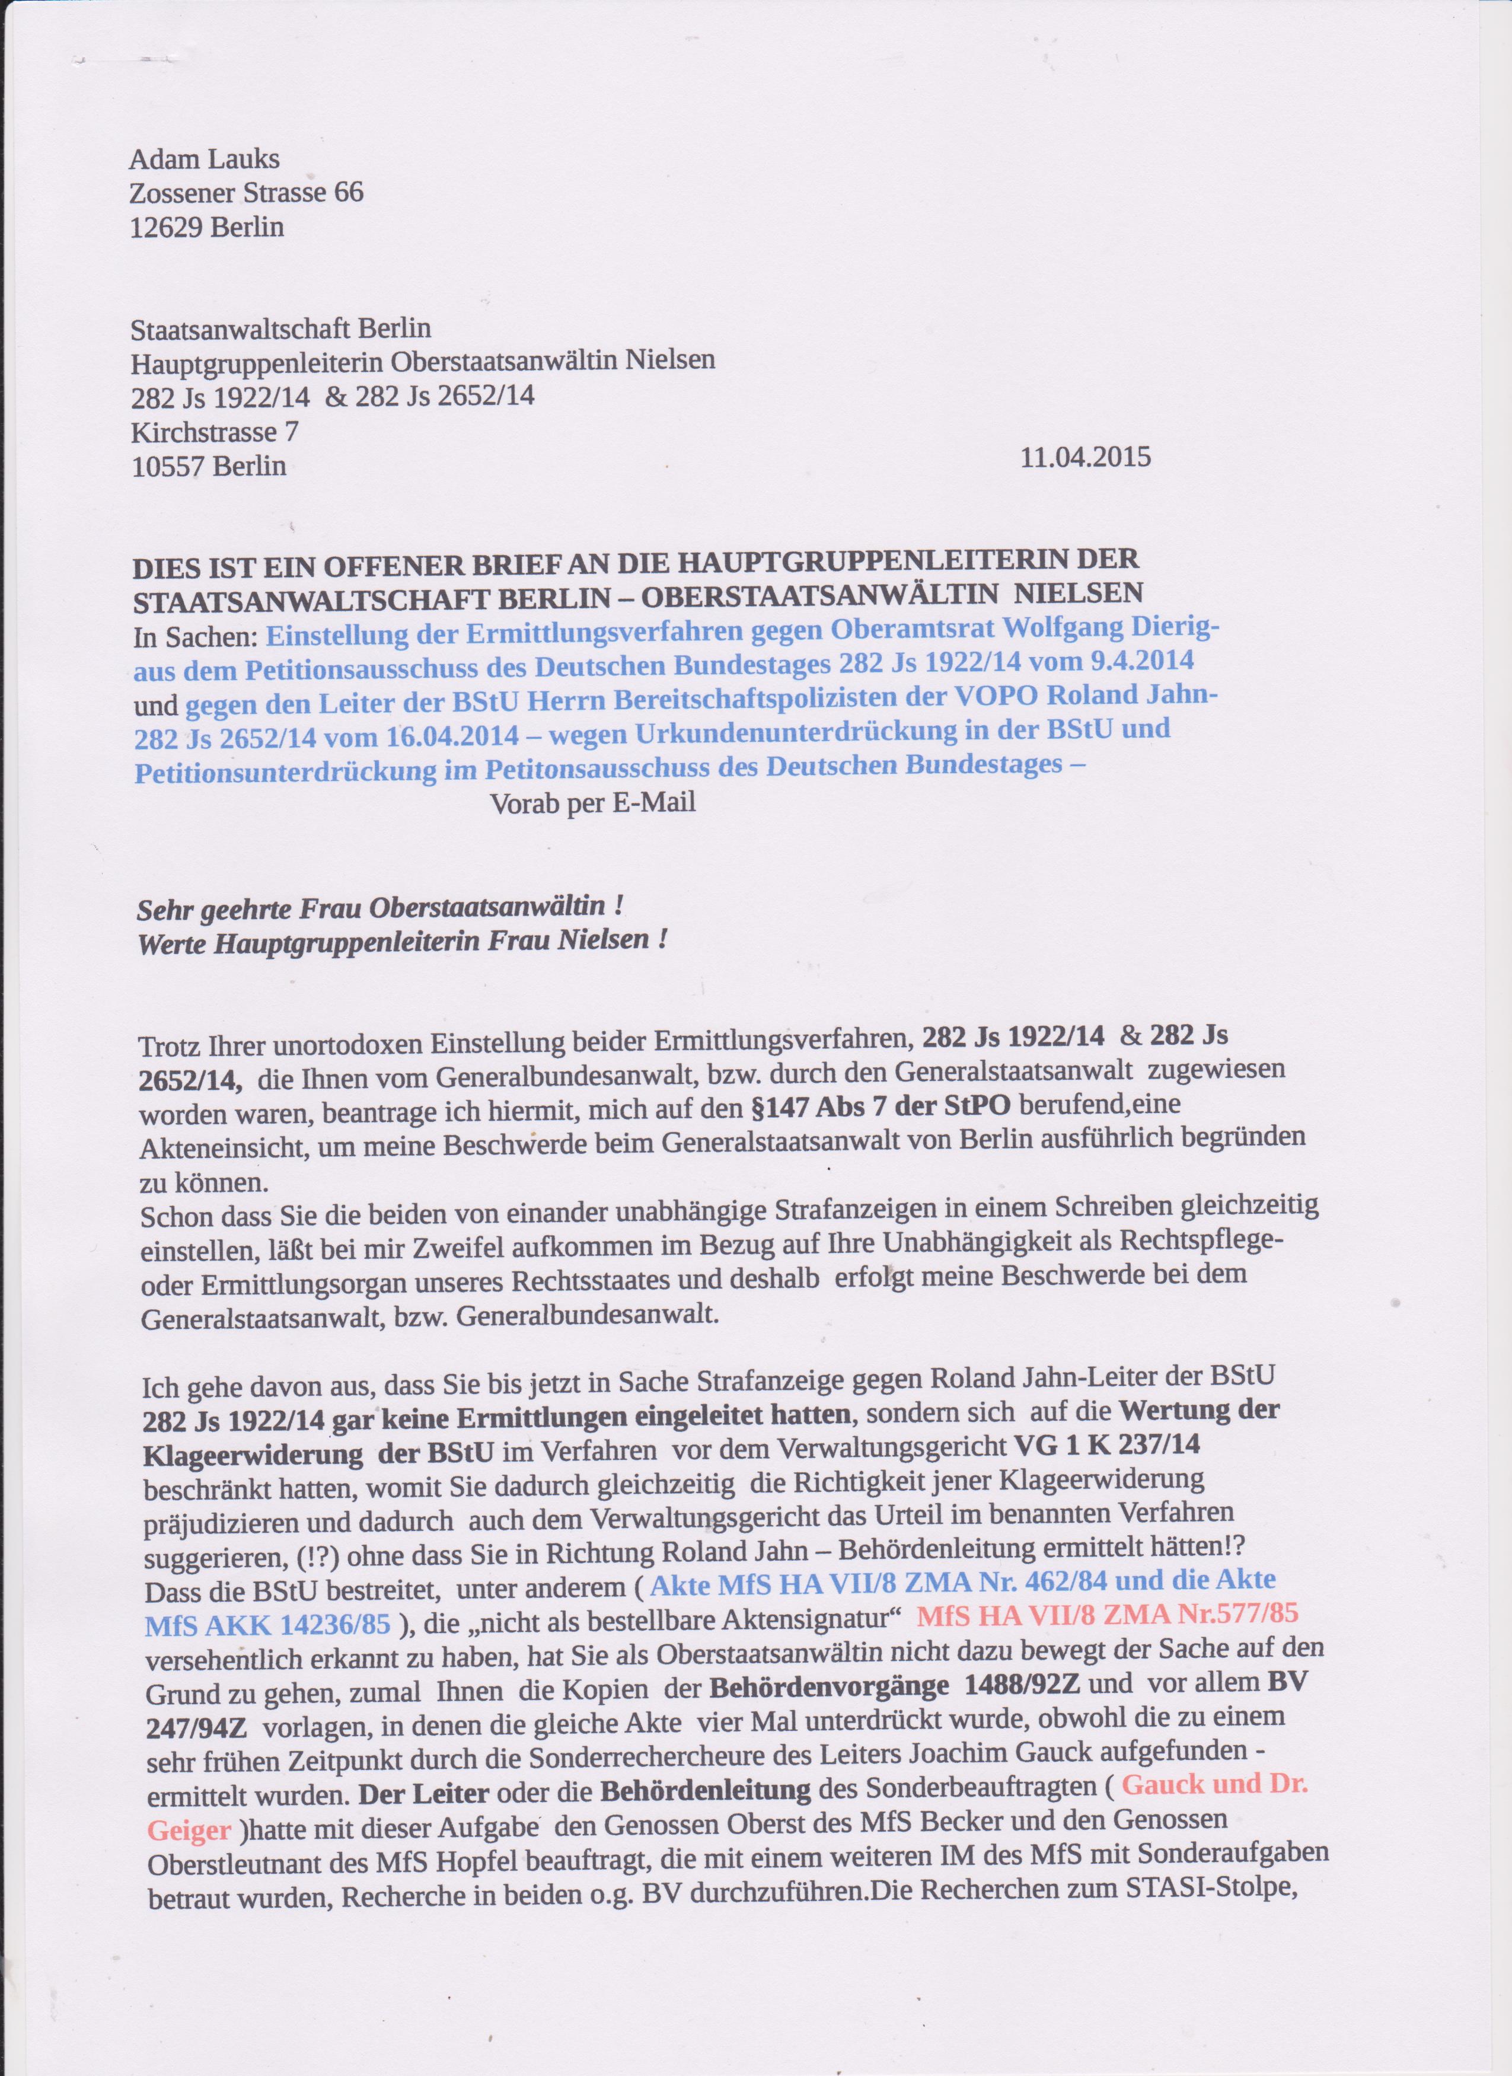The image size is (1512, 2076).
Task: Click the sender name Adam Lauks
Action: point(204,160)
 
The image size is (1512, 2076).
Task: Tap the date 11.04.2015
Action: point(1084,456)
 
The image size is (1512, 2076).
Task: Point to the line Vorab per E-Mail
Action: point(593,803)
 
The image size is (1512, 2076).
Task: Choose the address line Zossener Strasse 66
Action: point(246,192)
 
